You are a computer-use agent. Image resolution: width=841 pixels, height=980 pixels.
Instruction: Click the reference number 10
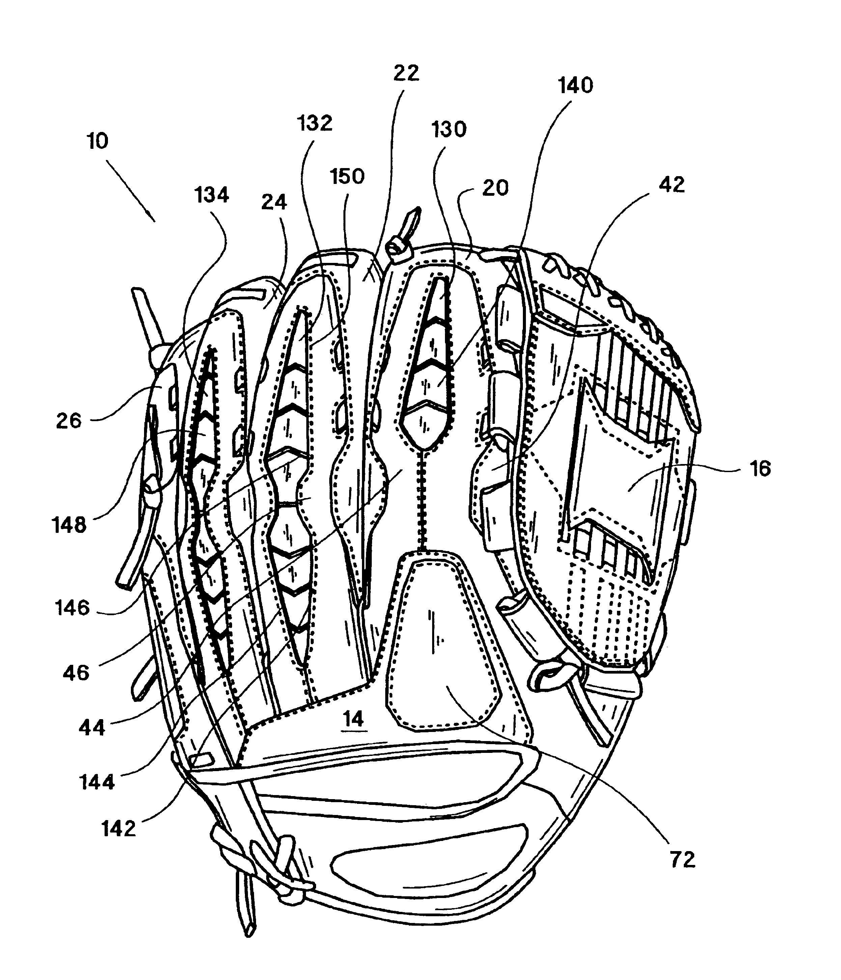click(98, 141)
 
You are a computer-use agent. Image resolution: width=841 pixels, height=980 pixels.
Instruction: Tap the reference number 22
click(406, 73)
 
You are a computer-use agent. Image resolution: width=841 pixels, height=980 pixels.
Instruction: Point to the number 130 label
click(449, 129)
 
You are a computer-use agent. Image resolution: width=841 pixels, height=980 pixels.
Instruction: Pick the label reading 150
click(347, 176)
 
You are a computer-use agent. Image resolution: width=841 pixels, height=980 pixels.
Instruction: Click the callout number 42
click(671, 185)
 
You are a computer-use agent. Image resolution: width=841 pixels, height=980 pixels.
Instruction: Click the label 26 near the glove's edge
click(68, 420)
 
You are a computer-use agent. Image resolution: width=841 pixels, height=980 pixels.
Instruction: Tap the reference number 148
click(69, 525)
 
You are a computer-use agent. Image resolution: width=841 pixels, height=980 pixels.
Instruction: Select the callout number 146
click(72, 608)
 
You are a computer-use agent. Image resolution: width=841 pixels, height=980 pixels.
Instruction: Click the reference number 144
click(96, 782)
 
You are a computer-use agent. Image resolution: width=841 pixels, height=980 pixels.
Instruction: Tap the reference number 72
click(682, 860)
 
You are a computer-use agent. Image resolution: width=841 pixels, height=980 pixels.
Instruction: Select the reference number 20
click(495, 188)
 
